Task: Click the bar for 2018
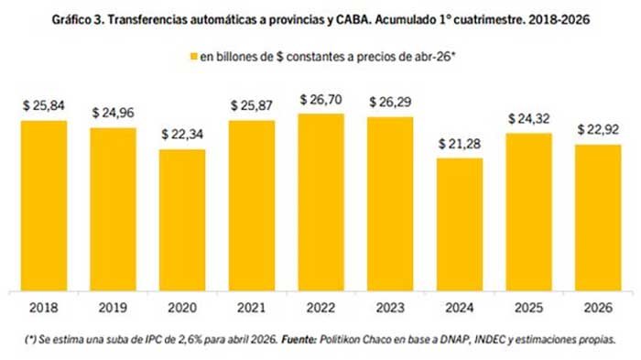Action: pos(44,206)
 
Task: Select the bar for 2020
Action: pos(182,220)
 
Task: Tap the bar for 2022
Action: pos(320,202)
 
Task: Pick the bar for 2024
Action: pos(460,224)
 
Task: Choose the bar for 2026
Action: pos(598,218)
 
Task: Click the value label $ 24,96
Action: pos(114,113)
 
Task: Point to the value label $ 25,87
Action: pos(252,105)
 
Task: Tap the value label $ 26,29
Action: pos(390,102)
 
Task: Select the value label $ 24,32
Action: pos(529,119)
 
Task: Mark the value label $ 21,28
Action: pos(460,144)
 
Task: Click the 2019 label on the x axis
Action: pos(114,308)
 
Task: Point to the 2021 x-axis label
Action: pos(252,308)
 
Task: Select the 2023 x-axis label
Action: pos(390,308)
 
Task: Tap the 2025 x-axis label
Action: pos(529,308)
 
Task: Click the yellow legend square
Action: pos(194,57)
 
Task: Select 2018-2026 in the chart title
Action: pos(559,19)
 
